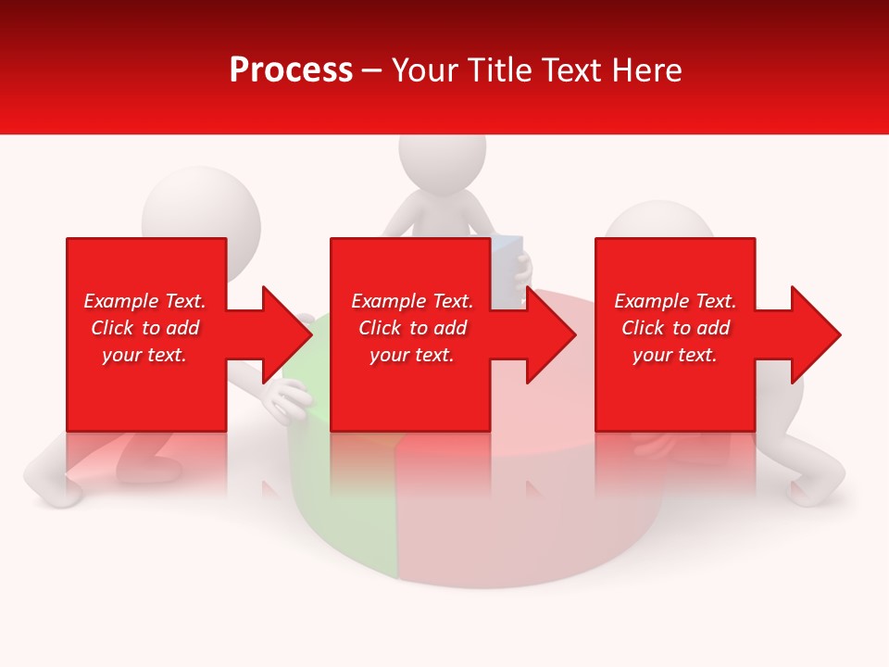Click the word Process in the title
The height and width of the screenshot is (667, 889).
click(291, 70)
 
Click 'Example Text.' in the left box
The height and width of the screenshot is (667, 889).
click(144, 301)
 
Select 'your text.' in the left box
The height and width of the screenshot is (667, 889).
click(144, 355)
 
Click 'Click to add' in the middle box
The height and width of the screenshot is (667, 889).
click(412, 328)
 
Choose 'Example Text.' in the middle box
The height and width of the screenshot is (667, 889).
click(412, 301)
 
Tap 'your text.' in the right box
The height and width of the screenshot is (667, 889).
click(675, 355)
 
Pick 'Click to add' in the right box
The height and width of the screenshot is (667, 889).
click(675, 328)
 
